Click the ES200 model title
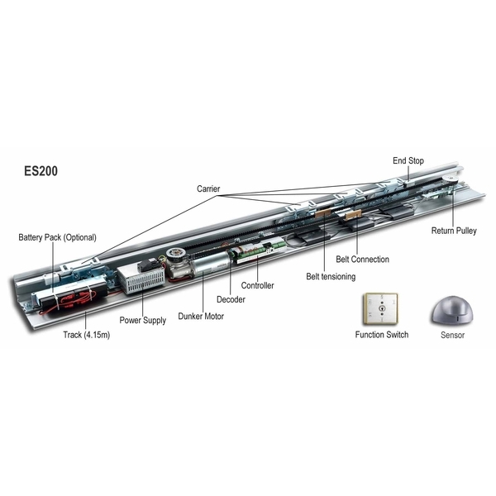pos(41,171)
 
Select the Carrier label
pos(208,188)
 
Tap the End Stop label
pos(408,160)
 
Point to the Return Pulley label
pos(454,231)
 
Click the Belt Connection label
pos(363,260)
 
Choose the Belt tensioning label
pos(331,276)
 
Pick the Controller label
pos(257,285)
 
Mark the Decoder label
pos(231,299)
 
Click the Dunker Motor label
pos(201,316)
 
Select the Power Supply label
pos(143,320)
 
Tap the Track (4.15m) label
pos(86,335)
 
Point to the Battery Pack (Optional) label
pos(57,237)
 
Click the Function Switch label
pos(381,335)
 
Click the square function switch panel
pos(380,308)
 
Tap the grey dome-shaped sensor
pos(452,311)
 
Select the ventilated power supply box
pos(141,276)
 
